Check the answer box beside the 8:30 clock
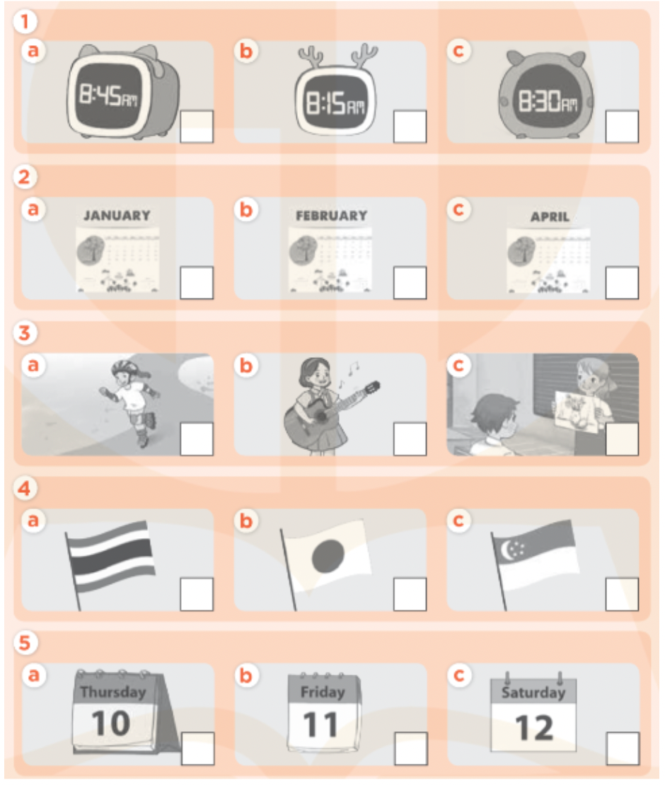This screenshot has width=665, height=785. (x=622, y=127)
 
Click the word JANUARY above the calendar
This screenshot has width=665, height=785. (x=117, y=216)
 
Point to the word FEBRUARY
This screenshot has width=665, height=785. (x=331, y=216)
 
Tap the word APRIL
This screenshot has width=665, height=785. (x=550, y=217)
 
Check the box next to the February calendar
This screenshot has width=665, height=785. (x=410, y=283)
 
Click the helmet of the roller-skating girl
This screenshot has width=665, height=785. (x=121, y=368)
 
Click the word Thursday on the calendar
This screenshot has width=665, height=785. (x=112, y=692)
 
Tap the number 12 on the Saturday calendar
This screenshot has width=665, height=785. (x=534, y=726)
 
